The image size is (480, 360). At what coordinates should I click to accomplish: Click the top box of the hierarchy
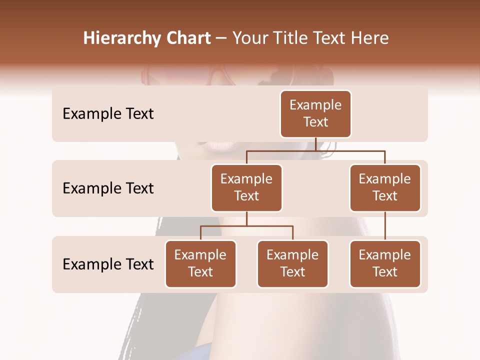click(315, 114)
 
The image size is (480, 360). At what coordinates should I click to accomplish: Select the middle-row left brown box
click(246, 188)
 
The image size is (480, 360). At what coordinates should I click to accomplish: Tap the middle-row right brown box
click(385, 188)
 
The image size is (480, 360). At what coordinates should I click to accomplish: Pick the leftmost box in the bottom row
click(200, 264)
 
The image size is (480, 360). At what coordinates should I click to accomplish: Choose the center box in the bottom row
click(292, 264)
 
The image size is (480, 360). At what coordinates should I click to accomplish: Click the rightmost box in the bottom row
click(385, 264)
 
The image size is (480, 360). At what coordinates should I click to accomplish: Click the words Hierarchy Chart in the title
click(147, 38)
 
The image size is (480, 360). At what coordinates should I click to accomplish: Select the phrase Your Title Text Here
click(310, 38)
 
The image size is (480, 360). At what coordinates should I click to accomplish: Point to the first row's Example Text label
click(108, 114)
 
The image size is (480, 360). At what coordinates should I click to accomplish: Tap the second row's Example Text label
click(108, 188)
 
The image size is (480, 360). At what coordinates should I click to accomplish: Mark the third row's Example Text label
click(108, 264)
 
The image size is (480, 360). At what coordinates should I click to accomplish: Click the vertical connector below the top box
click(315, 144)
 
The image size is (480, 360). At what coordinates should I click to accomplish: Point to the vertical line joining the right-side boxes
click(385, 226)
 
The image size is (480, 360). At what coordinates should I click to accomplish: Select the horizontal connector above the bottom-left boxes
click(246, 226)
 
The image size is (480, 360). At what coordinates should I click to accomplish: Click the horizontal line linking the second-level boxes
click(315, 150)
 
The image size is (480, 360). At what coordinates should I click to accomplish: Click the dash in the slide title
click(221, 38)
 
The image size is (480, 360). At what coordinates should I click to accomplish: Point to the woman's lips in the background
click(218, 145)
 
